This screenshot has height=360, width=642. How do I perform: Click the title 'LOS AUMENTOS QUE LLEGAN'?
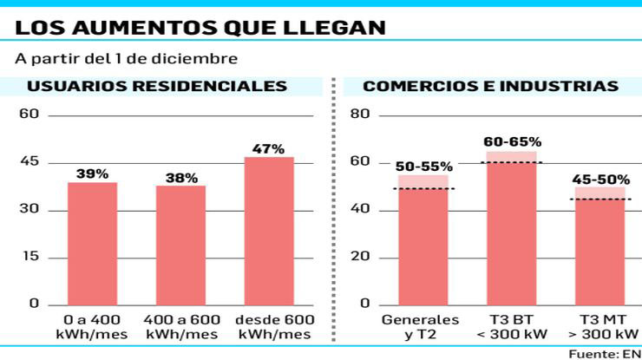coord(200,28)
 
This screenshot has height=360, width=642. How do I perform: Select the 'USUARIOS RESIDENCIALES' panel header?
coord(157,87)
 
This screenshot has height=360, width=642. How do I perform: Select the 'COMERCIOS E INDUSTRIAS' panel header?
coord(490,87)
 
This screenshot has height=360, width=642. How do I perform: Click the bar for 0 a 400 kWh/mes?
coord(93,243)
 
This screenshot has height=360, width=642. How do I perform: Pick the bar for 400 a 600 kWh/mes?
coord(181,245)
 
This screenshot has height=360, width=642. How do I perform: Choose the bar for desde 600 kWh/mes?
coord(269,231)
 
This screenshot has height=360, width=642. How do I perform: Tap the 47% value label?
coord(269,149)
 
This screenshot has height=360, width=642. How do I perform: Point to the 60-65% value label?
coord(512,142)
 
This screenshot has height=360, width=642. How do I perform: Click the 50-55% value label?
coord(423,166)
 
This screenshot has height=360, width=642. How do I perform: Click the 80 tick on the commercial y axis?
coord(360,115)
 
